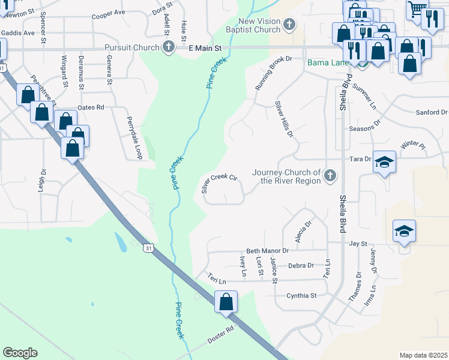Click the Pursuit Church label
[x=131, y=47]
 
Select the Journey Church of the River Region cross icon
[x=329, y=176]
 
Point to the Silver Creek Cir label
[x=220, y=184]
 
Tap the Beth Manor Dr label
[x=268, y=251]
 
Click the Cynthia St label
[x=301, y=295]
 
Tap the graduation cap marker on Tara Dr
[x=384, y=162]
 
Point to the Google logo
[x=20, y=353]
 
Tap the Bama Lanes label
[x=328, y=62]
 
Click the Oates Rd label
[x=91, y=107]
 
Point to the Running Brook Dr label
[x=273, y=73]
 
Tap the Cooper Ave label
[x=108, y=13]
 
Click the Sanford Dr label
[x=432, y=112]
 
